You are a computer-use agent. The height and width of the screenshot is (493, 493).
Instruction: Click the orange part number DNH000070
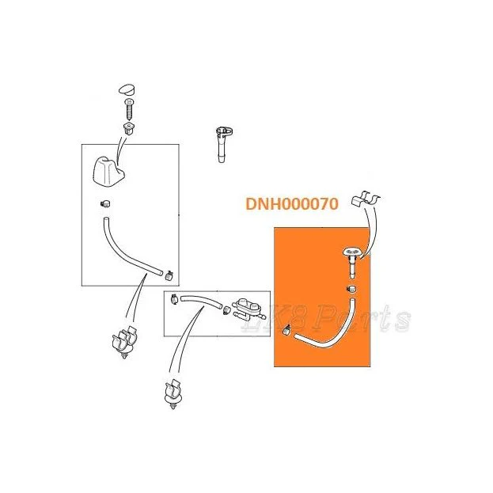pos(292,203)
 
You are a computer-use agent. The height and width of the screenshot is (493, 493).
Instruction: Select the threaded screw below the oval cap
pos(130,108)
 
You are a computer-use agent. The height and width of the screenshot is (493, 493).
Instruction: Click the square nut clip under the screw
pos(129,128)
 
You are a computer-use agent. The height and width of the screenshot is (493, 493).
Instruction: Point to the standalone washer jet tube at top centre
pos(223,144)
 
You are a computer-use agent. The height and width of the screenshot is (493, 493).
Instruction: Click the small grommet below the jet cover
pos(105,203)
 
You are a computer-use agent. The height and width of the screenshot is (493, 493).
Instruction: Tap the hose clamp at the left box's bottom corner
pos(169,275)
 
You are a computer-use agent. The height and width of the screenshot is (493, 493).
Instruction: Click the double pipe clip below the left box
pos(124,343)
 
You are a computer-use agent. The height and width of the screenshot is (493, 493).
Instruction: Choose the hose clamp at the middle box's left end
pos(174,298)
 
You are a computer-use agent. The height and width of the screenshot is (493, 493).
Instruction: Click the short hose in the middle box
pos(202,301)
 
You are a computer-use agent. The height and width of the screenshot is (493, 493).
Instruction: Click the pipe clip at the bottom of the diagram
pos(173,394)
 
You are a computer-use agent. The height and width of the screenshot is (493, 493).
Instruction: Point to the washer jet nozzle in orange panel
pos(352,262)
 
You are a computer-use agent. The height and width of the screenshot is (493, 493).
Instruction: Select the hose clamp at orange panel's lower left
pos(286,330)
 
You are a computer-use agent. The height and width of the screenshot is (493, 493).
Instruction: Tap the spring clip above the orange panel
pos(366,199)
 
